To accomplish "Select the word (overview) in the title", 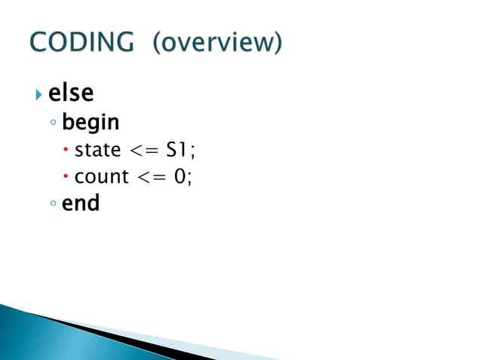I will (217, 44).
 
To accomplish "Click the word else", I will (71, 93).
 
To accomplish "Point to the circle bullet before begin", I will (53, 123).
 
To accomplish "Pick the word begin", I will (90, 122).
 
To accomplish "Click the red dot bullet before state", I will (66, 150).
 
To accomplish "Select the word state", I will (97, 150).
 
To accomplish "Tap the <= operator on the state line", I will (145, 150).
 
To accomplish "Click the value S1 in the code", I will (178, 150).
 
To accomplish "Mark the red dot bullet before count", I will (66, 177).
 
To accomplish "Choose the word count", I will (102, 177).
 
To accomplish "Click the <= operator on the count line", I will (153, 177).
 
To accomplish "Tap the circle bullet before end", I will (53, 204).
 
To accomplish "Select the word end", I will (81, 203).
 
